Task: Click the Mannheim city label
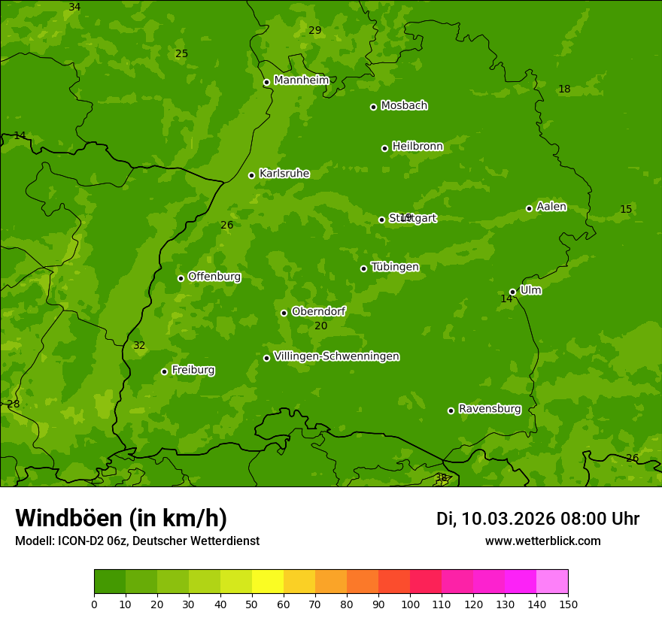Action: point(302,80)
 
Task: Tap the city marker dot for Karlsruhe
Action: point(252,175)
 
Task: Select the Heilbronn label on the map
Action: point(418,147)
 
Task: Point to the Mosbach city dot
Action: point(373,107)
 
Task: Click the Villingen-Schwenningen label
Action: point(336,356)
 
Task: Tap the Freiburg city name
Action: point(193,370)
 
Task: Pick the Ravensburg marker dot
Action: point(451,410)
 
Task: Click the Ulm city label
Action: point(530,290)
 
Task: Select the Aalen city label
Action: point(551,207)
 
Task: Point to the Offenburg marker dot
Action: point(181,278)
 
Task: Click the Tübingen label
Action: point(395,267)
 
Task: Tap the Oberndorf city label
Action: point(318,311)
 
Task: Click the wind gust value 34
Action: point(74,7)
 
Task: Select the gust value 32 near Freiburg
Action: point(139,346)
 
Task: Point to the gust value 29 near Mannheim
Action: point(315,30)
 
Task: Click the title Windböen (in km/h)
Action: point(121,518)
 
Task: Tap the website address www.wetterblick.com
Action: point(542,541)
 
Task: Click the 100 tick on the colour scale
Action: point(410,604)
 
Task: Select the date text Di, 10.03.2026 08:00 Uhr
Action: point(537,519)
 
